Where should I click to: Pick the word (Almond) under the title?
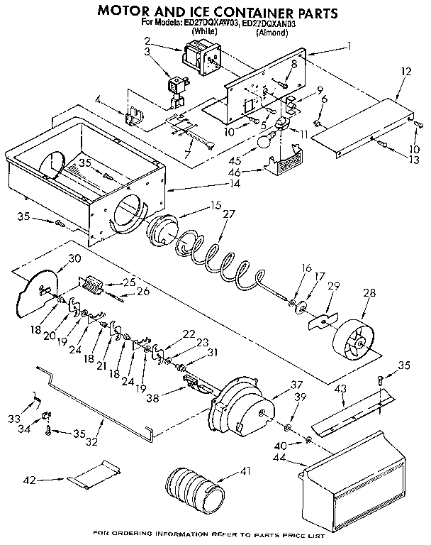point(272,33)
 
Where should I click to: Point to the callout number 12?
point(405,72)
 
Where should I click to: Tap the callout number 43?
point(342,390)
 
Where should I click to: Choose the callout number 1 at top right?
point(348,47)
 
